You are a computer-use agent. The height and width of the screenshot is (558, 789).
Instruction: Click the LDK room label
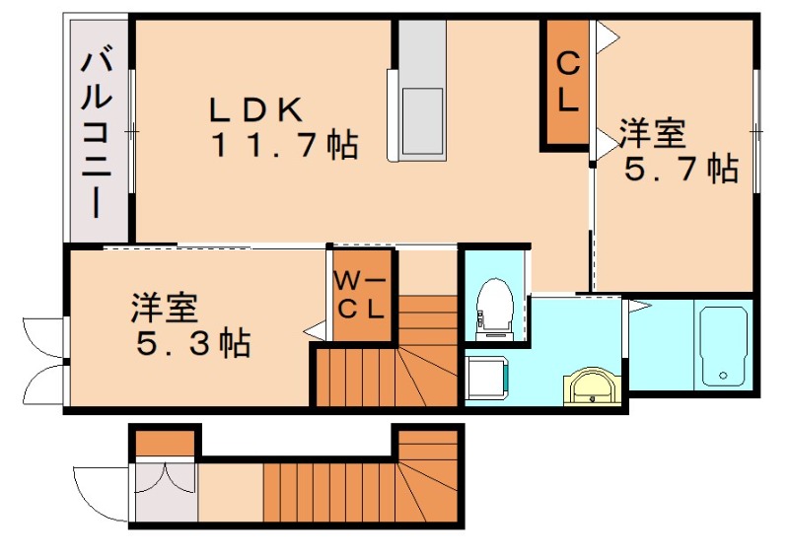(259, 109)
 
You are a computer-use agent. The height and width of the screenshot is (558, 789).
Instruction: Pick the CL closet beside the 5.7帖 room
(567, 83)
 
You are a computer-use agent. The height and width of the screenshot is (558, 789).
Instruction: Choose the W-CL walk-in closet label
(362, 293)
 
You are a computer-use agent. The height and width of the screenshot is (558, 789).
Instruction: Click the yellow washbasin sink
(592, 387)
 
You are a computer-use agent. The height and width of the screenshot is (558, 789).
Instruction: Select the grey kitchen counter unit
(421, 89)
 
